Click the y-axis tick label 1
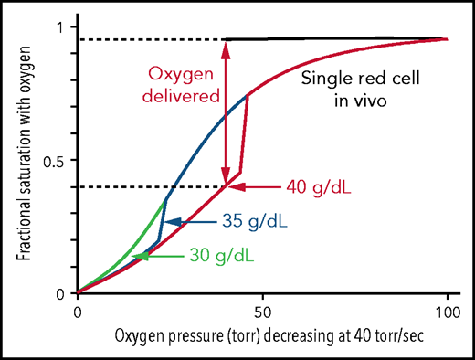tap(60, 26)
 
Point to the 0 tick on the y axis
tap(60, 293)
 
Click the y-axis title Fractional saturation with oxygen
tap(21, 160)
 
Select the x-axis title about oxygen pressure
tap(263, 338)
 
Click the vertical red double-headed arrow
tap(226, 113)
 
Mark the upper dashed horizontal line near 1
tap(150, 39)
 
